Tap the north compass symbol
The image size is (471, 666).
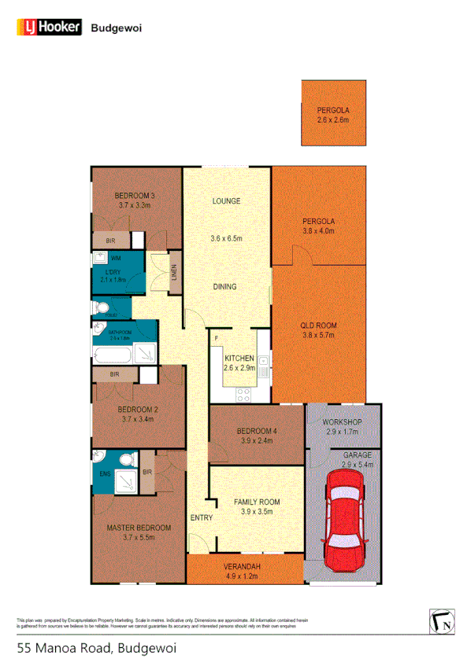[x=442, y=622]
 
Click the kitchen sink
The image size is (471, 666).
[x=267, y=363]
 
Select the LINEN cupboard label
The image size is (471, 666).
[x=174, y=273]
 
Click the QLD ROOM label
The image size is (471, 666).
[x=319, y=325]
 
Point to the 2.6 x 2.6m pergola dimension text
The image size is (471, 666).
[x=333, y=120]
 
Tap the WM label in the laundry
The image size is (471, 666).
[x=116, y=258]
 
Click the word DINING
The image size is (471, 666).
[x=224, y=287]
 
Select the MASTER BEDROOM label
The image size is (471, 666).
[x=139, y=527]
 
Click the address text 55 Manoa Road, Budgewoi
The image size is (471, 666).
[x=96, y=649]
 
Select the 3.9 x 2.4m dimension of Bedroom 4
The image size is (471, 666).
[x=256, y=441]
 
